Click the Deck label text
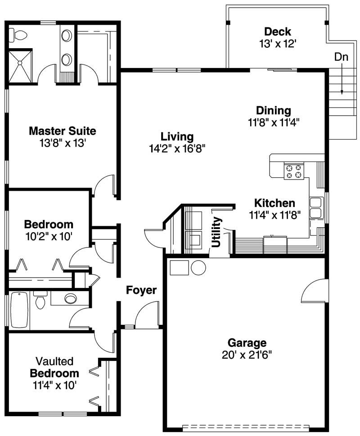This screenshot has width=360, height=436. (278, 32)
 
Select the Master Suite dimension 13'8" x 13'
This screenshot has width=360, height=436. (63, 143)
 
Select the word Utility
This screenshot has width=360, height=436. (217, 232)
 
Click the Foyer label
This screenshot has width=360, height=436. (141, 290)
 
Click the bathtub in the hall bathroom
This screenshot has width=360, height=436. (19, 309)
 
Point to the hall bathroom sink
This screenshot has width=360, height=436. (71, 298)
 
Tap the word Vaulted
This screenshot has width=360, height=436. (54, 362)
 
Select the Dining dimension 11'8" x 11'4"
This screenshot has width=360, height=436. (274, 121)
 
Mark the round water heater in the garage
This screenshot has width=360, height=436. (198, 267)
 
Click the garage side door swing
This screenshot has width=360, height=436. (313, 290)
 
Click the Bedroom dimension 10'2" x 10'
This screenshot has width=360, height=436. (49, 236)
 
